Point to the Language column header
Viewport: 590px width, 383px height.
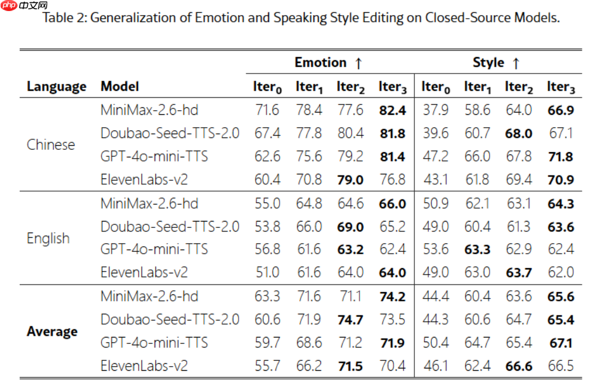pyautogui.click(x=57, y=87)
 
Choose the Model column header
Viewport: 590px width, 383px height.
pyautogui.click(x=120, y=87)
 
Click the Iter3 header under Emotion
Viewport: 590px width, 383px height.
pyautogui.click(x=392, y=87)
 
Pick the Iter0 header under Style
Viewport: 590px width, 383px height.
pyautogui.click(x=436, y=87)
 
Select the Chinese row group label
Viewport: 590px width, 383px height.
pyautogui.click(x=51, y=145)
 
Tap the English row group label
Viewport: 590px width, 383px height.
pyautogui.click(x=48, y=238)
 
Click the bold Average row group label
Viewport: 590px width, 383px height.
pyautogui.click(x=52, y=332)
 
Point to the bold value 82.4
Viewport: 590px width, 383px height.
pyautogui.click(x=392, y=110)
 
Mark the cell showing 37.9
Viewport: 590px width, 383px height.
pyautogui.click(x=436, y=110)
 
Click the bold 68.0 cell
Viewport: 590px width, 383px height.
pyautogui.click(x=519, y=133)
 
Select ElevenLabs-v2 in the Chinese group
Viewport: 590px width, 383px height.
pyautogui.click(x=144, y=180)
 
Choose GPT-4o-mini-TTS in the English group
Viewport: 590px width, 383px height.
pyautogui.click(x=154, y=250)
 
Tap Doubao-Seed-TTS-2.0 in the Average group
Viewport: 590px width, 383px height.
pyautogui.click(x=170, y=319)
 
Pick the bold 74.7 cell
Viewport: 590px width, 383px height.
pyautogui.click(x=350, y=319)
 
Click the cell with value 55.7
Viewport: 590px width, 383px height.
pyautogui.click(x=267, y=366)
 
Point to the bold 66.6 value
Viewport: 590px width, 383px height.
pyautogui.click(x=519, y=366)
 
